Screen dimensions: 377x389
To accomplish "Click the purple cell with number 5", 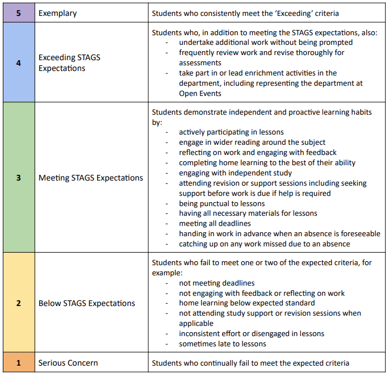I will click(x=18, y=12).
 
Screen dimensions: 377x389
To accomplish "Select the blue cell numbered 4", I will click(x=18, y=63).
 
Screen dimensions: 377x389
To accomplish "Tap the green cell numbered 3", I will click(x=18, y=178).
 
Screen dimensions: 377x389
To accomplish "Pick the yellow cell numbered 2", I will click(x=18, y=303).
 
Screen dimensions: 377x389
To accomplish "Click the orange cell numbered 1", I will click(x=18, y=363).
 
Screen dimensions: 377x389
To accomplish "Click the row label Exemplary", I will click(x=57, y=12).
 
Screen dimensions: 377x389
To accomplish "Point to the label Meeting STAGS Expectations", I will click(x=91, y=178).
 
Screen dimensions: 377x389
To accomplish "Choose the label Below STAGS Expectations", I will click(x=87, y=303).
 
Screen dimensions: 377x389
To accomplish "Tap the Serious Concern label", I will click(x=68, y=363).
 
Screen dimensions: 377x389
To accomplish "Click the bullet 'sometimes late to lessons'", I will click(x=223, y=344).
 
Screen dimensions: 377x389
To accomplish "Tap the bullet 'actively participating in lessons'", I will click(x=231, y=132).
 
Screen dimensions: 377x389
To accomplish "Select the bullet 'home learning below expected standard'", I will click(x=246, y=303).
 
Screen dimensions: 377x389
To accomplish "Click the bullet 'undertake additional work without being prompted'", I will click(x=265, y=43).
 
